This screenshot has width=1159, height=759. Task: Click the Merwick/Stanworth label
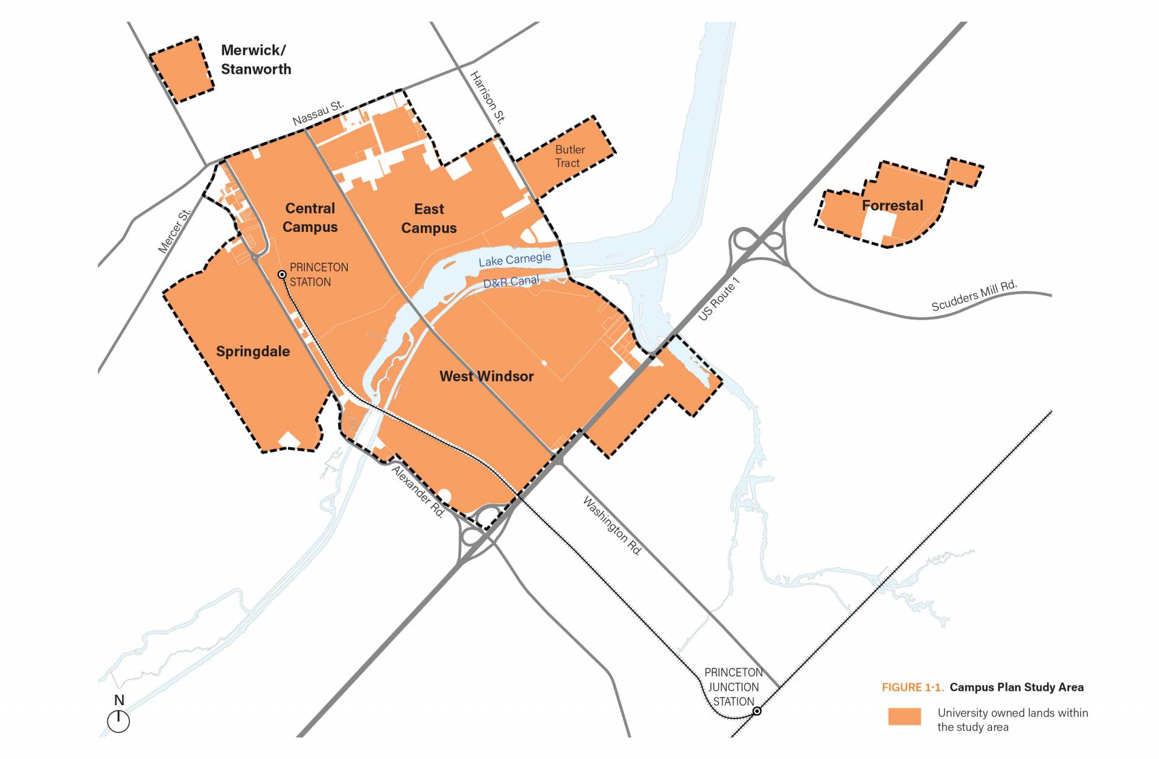pos(256,60)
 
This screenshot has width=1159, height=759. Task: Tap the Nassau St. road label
pos(318,113)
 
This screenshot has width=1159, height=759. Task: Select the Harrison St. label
pos(487,97)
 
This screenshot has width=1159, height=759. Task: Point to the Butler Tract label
pos(569,156)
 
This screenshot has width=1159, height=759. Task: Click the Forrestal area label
pos(892,206)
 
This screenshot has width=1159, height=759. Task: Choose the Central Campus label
pos(310,217)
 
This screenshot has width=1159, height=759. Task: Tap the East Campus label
pos(429,219)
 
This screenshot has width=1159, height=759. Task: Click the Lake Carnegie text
pos(514,260)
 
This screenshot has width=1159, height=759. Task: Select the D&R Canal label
pos(511,282)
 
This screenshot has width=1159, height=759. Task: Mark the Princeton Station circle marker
pos(282,275)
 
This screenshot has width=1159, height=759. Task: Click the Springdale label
pos(253,351)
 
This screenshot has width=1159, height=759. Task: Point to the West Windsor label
pos(487,376)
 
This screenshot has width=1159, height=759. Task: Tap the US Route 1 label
pos(718,299)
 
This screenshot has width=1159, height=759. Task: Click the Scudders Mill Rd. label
pos(974,296)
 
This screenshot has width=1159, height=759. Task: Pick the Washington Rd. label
pos(612,525)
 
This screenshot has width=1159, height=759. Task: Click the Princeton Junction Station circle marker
pos(757,711)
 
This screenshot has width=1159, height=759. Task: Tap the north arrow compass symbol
pos(118,720)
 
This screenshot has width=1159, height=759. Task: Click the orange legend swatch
pos(904,717)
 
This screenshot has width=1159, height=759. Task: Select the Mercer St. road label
pos(174,231)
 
